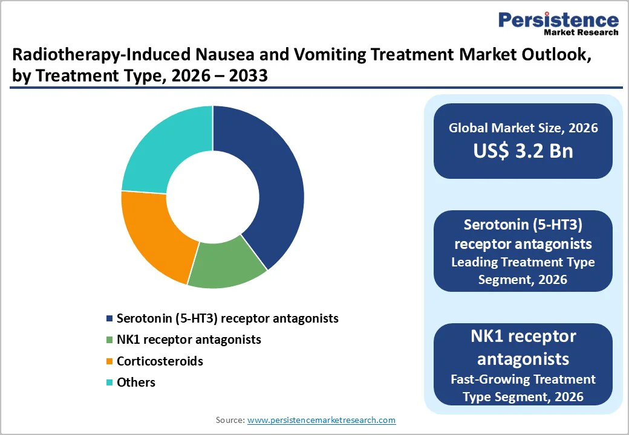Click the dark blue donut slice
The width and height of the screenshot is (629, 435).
(x=272, y=181)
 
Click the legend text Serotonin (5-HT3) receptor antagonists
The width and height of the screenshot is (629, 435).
(x=227, y=318)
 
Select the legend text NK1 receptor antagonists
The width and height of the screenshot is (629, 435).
(x=189, y=340)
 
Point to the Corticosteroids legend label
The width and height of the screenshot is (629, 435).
(x=160, y=361)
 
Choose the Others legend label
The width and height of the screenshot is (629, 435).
(x=136, y=382)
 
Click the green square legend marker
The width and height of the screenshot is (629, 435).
(x=109, y=340)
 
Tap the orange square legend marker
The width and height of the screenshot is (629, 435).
(x=109, y=362)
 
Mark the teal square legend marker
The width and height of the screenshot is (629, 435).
(x=109, y=383)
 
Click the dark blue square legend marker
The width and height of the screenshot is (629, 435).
(x=109, y=318)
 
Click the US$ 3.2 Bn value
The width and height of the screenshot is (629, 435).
(x=523, y=151)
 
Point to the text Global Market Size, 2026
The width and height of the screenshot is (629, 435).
(x=523, y=127)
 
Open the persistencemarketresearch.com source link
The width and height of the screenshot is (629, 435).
(x=321, y=420)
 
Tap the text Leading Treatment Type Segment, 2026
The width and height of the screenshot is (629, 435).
(x=523, y=271)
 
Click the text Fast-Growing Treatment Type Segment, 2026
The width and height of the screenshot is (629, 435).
(x=523, y=388)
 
